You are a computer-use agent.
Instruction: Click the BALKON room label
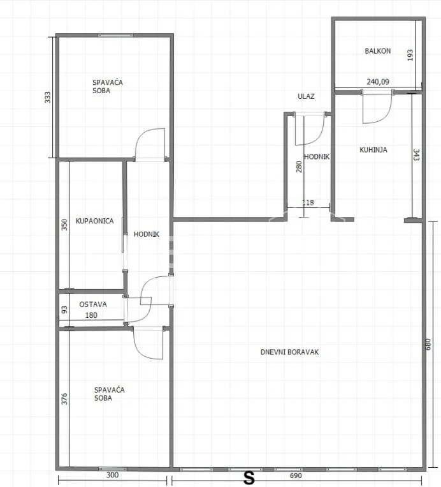pos(377,51)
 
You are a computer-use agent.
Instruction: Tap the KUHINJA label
pos(373,150)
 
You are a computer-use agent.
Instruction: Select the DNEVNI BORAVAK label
pos(289,352)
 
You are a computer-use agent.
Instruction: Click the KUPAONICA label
pos(94,221)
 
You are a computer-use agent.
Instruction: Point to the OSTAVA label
pos(93,304)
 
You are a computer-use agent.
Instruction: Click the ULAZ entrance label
pos(306,96)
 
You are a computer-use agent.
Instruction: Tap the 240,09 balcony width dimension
pos(378,82)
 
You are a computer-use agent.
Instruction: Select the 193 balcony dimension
pos(410,55)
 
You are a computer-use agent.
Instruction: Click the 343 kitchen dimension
pos(416,154)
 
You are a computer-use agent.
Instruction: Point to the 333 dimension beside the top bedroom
pos(47,97)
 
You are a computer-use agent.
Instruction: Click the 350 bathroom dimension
pos(64,225)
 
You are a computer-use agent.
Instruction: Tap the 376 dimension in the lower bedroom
pos(64,399)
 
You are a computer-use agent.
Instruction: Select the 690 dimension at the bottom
pos(296,476)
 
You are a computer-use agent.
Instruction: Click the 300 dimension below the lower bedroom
pos(112,475)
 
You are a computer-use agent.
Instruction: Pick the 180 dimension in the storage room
pos(91,315)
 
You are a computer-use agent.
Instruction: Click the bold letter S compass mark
pos(249,479)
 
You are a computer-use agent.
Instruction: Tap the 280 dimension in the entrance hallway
pos(299,167)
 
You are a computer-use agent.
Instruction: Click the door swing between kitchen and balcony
pos(377,107)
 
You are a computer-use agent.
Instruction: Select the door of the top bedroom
pos(150,144)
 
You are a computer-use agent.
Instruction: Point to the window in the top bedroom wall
pos(115,35)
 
